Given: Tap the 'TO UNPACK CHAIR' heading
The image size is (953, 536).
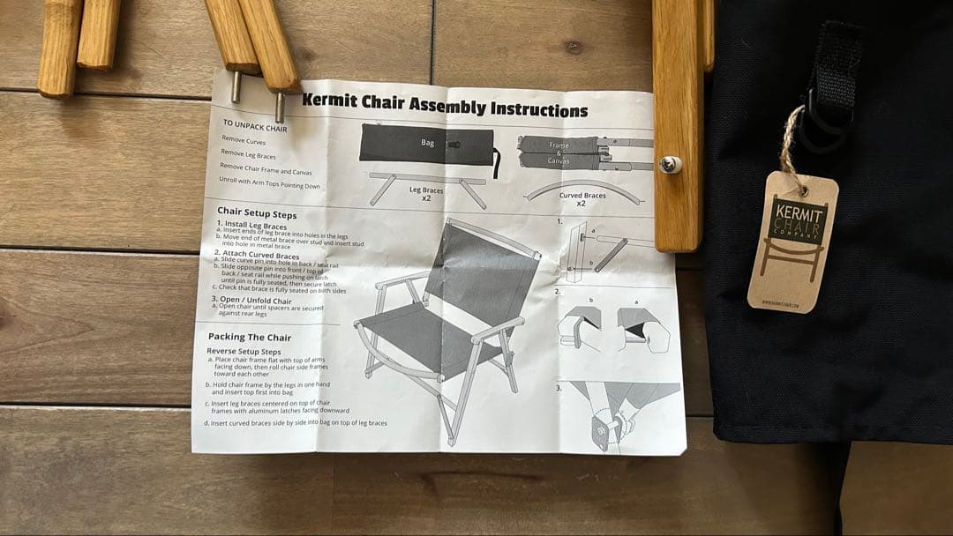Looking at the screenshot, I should click(255, 126).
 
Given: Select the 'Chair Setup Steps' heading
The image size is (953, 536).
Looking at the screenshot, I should click(257, 214).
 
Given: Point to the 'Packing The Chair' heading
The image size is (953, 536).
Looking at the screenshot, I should click(250, 337).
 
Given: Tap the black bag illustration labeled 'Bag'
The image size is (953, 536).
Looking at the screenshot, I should click(426, 144).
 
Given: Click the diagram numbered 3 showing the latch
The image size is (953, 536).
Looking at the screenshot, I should click(618, 414).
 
